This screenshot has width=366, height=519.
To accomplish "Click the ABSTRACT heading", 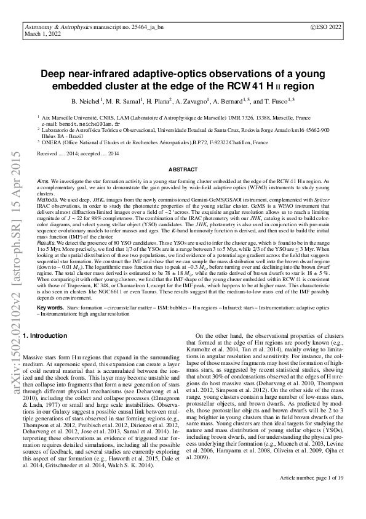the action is [x=183, y=169].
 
